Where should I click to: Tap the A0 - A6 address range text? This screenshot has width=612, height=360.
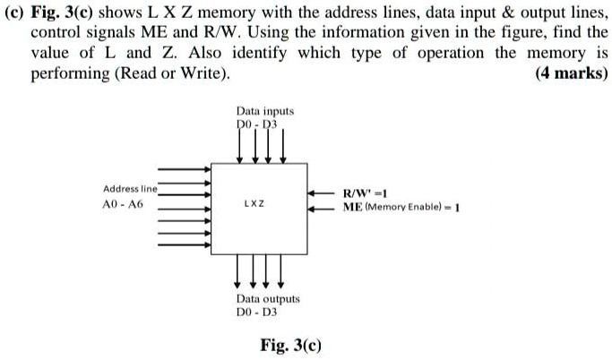pos(123,205)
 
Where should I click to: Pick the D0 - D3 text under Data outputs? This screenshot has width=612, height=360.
pos(255,313)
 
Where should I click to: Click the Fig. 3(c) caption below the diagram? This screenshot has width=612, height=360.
pos(290,345)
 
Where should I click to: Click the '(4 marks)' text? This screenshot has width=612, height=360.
pos(571,73)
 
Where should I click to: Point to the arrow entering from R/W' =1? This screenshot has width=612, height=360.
pos(323,193)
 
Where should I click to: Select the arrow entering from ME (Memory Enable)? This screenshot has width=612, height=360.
pos(323,207)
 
